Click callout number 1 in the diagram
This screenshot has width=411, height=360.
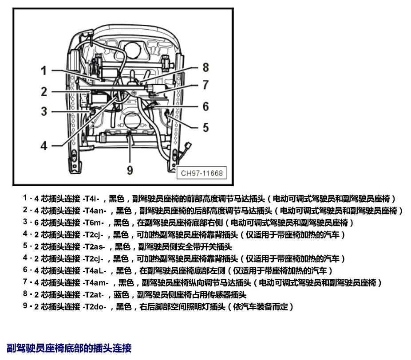(44, 70)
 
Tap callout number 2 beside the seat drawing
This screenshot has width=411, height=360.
(44, 92)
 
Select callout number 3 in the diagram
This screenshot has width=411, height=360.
(44, 111)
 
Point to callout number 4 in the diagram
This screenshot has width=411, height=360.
(44, 145)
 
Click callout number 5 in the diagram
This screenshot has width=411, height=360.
(206, 128)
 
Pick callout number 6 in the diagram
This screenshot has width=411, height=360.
(206, 106)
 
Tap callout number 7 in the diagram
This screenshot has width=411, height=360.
(206, 85)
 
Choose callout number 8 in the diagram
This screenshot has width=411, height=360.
(206, 67)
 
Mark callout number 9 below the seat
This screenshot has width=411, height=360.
(130, 170)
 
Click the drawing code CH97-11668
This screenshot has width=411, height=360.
(202, 173)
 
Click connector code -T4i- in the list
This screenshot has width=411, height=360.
(91, 199)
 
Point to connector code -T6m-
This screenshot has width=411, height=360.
(93, 223)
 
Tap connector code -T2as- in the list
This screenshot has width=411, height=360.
(94, 247)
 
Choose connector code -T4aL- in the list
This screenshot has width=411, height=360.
(95, 270)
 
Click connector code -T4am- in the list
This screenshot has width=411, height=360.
(96, 282)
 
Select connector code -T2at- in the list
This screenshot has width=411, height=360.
(93, 294)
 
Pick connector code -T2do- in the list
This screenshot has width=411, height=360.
(95, 306)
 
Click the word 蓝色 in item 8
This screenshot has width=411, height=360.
(121, 294)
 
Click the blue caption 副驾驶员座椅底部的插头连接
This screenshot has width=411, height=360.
(69, 348)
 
